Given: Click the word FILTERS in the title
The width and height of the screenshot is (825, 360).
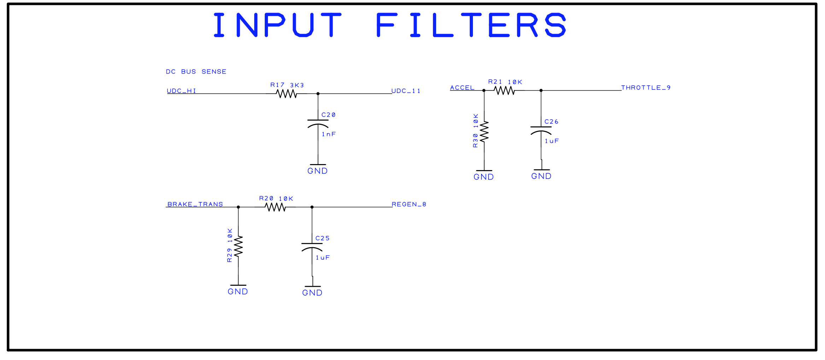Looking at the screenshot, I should tap(471, 25).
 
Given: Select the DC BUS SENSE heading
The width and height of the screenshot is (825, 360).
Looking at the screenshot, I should tap(196, 72).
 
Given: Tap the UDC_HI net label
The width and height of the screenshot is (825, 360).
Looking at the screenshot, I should tap(181, 91).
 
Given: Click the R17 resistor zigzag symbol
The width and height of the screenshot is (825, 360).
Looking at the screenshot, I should tap(286, 94).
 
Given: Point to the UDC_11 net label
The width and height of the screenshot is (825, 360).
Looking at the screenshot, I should tap(406, 91).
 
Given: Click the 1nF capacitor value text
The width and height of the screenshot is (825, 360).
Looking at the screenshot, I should tap(328, 134).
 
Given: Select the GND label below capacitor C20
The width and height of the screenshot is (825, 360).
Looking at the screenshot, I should tap(317, 171).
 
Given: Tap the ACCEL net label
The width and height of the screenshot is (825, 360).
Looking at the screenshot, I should tap(462, 88).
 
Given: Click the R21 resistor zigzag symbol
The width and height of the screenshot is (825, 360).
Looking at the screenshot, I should tap(504, 91).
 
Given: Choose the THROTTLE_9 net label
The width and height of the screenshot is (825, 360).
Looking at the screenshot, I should tap(646, 88).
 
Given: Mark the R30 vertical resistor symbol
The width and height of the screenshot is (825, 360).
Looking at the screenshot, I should tap(484, 132).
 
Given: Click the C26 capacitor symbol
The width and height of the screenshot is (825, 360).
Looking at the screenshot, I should tap(541, 130).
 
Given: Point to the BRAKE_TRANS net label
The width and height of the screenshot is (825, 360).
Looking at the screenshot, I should tap(195, 204).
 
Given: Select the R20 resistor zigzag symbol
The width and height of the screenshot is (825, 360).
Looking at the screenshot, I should tap(275, 207).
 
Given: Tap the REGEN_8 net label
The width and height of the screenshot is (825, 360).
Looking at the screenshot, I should tap(409, 204).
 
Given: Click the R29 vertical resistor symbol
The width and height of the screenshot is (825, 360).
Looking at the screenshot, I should tap(238, 246).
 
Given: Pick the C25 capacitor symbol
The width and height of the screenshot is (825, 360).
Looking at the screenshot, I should tap(312, 246).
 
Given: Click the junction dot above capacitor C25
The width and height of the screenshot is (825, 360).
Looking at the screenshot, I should tap(312, 207).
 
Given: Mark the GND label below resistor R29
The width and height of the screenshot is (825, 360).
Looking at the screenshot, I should tap(238, 292).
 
